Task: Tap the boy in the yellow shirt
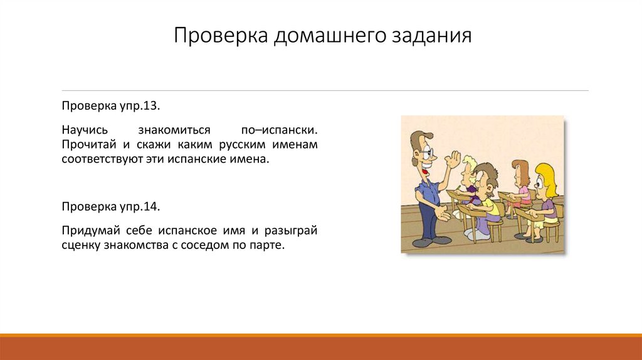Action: [489, 204]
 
